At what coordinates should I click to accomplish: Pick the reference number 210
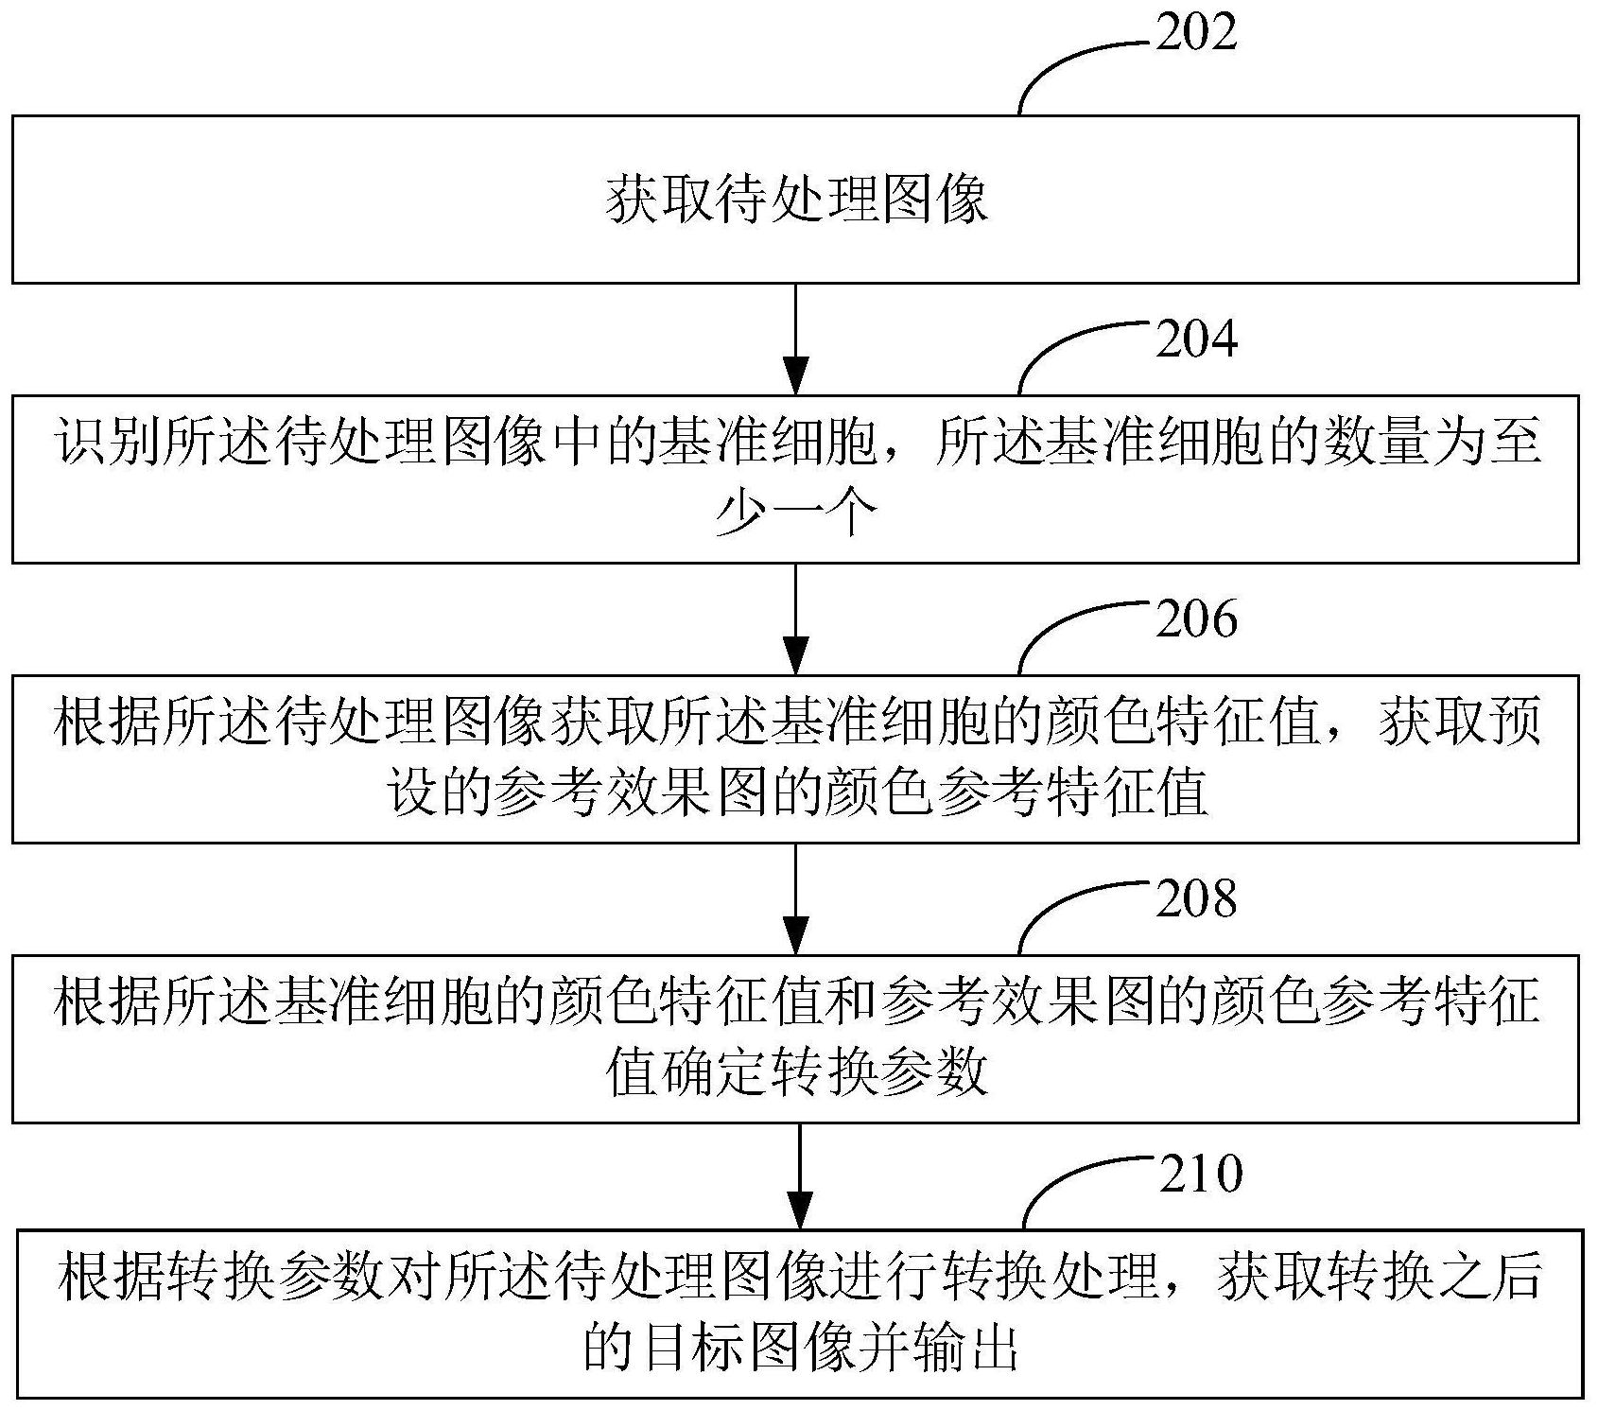[x=1199, y=1174]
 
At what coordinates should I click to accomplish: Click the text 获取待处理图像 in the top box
[x=796, y=200]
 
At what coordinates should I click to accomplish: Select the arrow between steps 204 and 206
[x=796, y=618]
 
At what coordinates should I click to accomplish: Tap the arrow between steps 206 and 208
[x=796, y=898]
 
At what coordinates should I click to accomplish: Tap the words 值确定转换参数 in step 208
[x=796, y=1074]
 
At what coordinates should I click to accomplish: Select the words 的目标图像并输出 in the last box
[x=800, y=1350]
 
